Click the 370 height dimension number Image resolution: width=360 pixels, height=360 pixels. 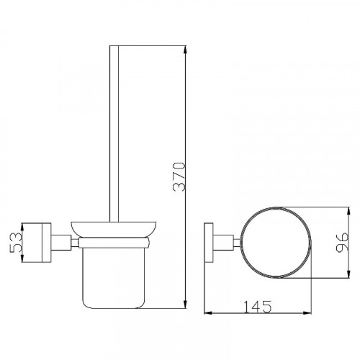[x=179, y=176]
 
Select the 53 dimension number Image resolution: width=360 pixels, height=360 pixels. [x=16, y=243]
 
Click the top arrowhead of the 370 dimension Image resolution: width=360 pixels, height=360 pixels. [x=185, y=50]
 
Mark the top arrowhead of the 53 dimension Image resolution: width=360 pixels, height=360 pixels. [x=22, y=227]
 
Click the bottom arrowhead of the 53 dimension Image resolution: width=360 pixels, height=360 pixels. [x=22, y=258]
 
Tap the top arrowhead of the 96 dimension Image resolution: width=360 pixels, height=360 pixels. [x=348, y=211]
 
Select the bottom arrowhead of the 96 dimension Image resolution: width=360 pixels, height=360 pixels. [x=348, y=274]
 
